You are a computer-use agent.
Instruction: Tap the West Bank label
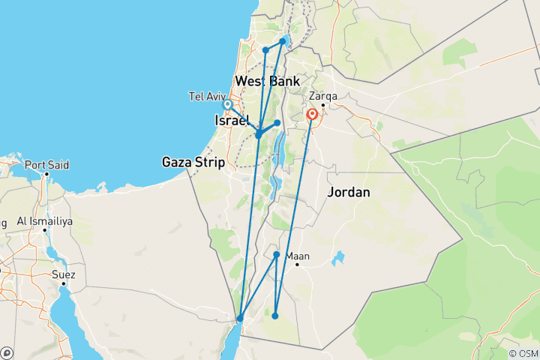267,81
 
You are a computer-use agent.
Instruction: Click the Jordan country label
349,192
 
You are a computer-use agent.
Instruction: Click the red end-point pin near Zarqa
311,115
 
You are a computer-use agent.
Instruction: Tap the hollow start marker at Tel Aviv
227,105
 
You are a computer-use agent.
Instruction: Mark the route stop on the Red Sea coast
239,319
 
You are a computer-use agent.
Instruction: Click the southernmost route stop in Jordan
275,316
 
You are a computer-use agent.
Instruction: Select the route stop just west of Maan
277,255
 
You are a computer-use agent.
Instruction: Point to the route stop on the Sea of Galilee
283,41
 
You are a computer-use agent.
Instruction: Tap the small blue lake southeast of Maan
339,259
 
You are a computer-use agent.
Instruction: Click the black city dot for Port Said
46,174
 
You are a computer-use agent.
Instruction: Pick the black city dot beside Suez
64,283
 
